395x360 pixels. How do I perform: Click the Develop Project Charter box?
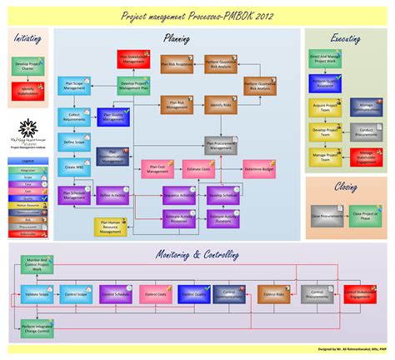[27, 65]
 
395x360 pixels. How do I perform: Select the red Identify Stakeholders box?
[27, 91]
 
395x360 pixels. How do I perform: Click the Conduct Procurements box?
[360, 132]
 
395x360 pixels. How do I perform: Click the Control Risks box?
[272, 294]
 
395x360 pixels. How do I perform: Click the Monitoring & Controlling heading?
[197, 253]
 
